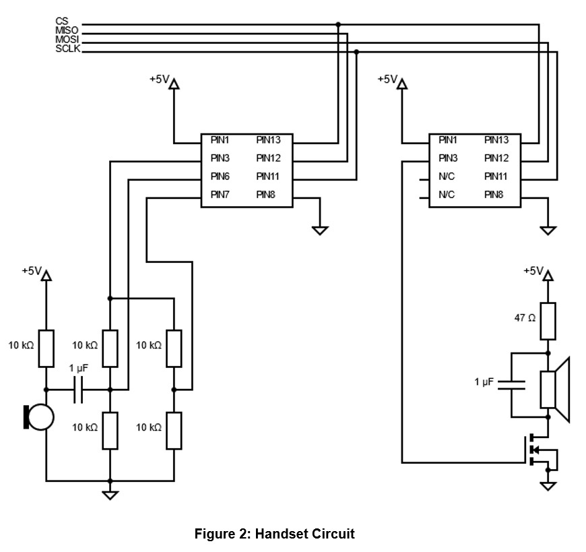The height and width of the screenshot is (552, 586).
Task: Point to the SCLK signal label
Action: (x=67, y=49)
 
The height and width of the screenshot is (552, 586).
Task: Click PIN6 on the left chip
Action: (x=220, y=177)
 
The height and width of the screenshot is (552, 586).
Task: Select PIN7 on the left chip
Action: (x=220, y=195)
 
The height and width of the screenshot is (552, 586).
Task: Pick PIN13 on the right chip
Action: (x=496, y=140)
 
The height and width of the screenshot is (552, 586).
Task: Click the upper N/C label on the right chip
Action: (x=447, y=177)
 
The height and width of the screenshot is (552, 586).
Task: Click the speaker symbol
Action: (x=555, y=390)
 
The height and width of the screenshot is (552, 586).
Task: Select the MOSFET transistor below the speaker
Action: (x=537, y=450)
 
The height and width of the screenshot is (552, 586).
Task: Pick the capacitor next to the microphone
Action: (x=77, y=390)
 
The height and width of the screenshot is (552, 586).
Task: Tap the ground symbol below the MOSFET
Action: (x=548, y=485)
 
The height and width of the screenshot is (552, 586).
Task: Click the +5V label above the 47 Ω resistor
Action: (x=533, y=271)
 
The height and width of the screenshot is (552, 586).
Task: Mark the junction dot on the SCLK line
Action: (x=357, y=51)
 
